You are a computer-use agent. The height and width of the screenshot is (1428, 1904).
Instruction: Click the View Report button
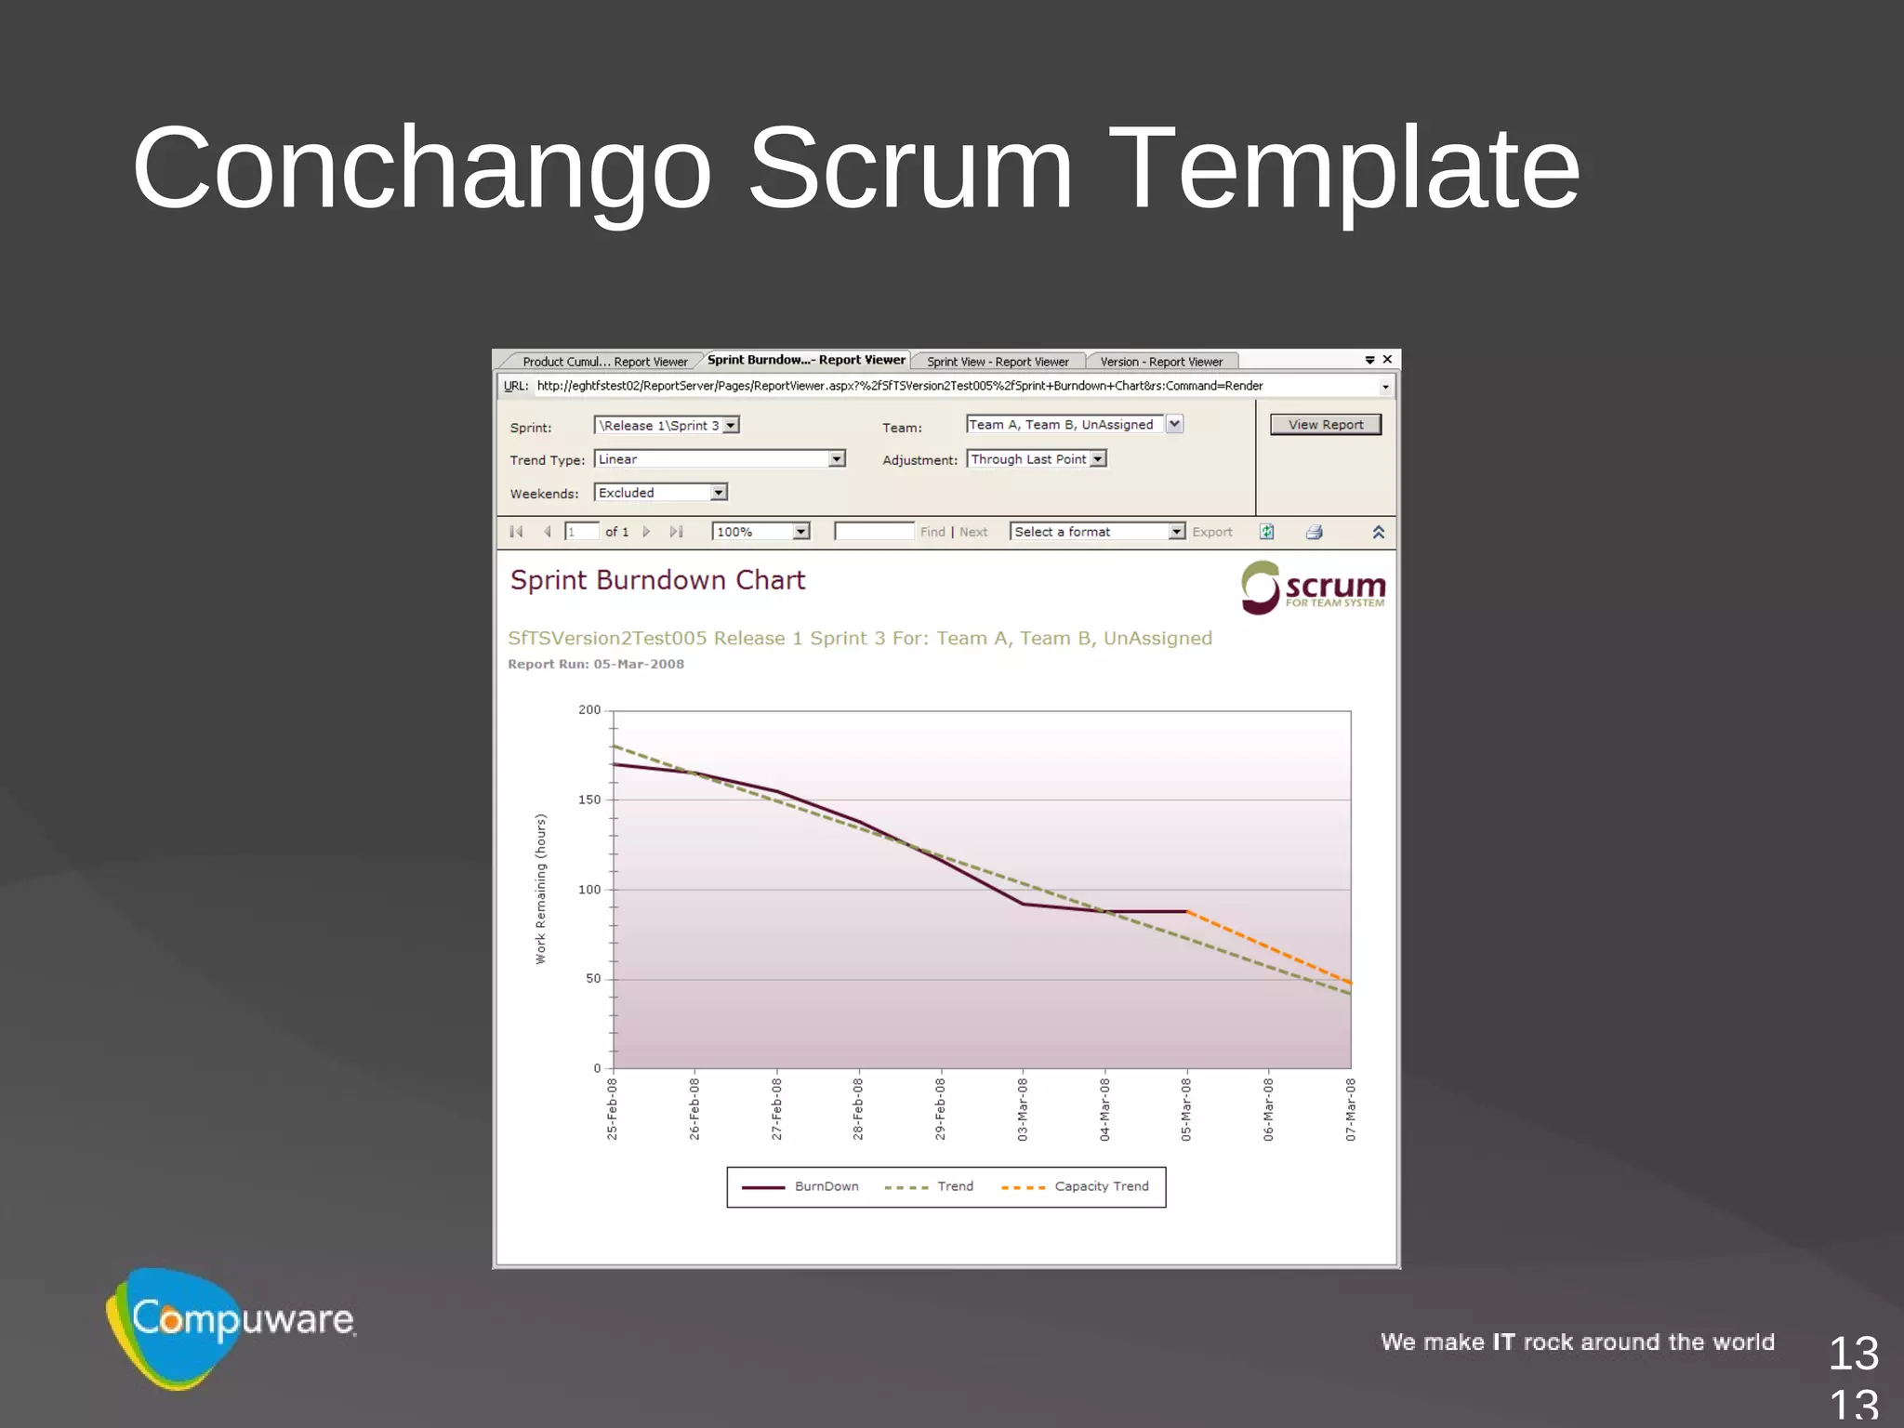point(1325,425)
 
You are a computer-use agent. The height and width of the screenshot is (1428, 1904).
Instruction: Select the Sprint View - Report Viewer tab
point(998,362)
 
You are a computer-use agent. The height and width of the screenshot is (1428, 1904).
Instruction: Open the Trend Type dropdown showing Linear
point(719,459)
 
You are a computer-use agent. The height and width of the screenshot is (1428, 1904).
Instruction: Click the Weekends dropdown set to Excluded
point(660,493)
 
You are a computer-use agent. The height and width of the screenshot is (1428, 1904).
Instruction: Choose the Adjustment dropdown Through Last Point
point(1037,459)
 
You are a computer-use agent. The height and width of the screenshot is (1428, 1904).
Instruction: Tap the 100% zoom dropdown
point(760,532)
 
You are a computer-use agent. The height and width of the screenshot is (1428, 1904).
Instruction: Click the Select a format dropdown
point(1097,532)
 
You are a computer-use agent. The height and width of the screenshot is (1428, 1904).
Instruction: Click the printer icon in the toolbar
point(1314,532)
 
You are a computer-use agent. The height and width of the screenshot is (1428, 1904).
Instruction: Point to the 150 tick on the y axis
point(589,800)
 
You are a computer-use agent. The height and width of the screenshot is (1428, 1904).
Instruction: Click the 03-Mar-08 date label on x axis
point(1023,1109)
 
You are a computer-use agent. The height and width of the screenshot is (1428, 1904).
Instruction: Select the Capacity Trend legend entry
point(1101,1186)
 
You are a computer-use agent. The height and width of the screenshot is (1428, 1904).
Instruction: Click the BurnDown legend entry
point(826,1186)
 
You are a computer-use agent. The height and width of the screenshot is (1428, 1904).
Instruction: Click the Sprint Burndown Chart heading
point(657,580)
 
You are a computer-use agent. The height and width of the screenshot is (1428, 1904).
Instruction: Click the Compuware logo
point(232,1325)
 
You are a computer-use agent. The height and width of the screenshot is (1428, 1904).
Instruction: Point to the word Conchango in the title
point(422,169)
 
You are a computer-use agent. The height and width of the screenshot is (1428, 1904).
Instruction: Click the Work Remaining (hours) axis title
point(540,889)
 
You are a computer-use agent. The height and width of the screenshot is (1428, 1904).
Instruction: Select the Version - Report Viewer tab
point(1161,362)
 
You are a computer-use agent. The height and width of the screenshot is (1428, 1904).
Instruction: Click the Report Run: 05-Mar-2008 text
point(596,664)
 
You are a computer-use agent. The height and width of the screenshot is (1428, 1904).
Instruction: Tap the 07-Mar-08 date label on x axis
point(1351,1109)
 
